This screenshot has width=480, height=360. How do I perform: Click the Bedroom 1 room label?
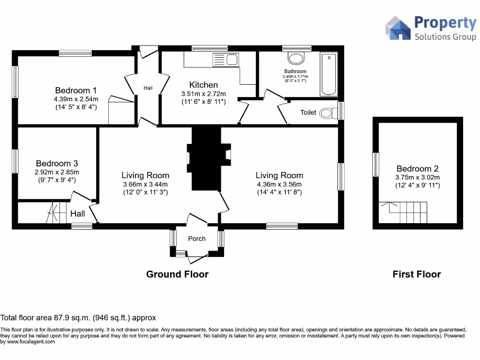pyautogui.click(x=76, y=90)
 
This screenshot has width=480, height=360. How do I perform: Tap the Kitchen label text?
pyautogui.click(x=203, y=85)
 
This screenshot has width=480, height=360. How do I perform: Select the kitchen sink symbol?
pyautogui.click(x=226, y=60)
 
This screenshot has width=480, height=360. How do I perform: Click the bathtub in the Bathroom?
pyautogui.click(x=329, y=74)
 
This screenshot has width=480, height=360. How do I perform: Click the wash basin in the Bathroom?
pyautogui.click(x=296, y=58)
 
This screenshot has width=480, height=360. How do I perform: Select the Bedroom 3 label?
pyautogui.click(x=57, y=164)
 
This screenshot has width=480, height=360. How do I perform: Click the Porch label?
pyautogui.click(x=197, y=239)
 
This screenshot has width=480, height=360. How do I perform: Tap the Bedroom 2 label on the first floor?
pyautogui.click(x=417, y=169)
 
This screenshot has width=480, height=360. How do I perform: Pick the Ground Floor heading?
pyautogui.click(x=177, y=274)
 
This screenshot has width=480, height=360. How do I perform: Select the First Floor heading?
pyautogui.click(x=416, y=274)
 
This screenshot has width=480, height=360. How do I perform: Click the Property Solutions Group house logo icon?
pyautogui.click(x=397, y=28)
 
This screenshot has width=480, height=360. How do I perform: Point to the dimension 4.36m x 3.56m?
pyautogui.click(x=279, y=184)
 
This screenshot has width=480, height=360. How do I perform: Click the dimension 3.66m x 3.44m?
pyautogui.click(x=145, y=184)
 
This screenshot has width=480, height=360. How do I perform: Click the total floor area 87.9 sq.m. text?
pyautogui.click(x=78, y=318)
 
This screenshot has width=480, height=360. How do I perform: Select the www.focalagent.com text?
pyautogui.click(x=31, y=342)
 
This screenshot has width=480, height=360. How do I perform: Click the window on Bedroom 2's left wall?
pyautogui.click(x=375, y=165)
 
